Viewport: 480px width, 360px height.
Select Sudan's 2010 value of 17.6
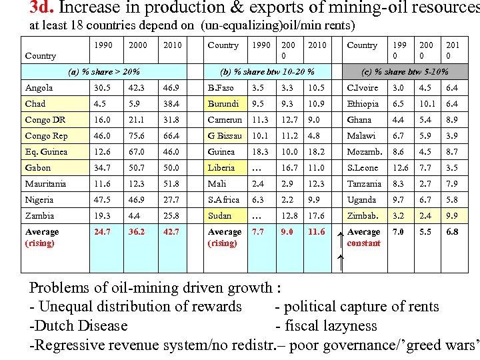coord(316,216)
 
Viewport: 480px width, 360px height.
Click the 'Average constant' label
coord(364,237)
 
